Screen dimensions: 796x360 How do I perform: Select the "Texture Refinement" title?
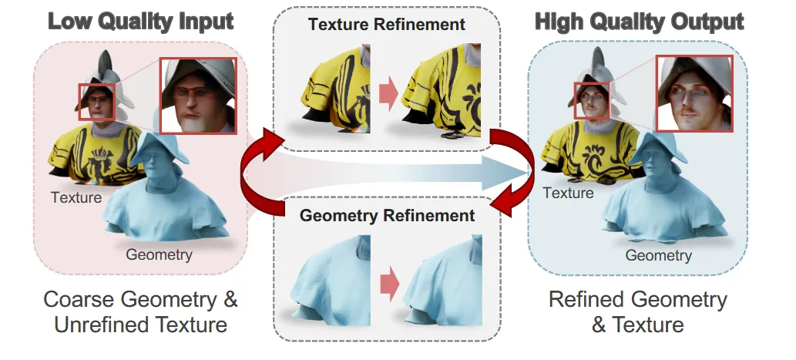click(387, 24)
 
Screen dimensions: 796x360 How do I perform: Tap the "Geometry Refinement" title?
click(387, 215)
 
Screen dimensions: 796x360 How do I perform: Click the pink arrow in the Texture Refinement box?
click(389, 95)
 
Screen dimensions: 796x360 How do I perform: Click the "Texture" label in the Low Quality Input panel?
click(76, 197)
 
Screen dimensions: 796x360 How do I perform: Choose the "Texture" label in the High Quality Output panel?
click(568, 193)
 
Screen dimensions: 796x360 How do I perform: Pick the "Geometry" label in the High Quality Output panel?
click(657, 254)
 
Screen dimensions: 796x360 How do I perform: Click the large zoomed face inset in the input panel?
click(198, 96)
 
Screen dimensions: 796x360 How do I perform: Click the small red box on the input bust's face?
click(96, 103)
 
